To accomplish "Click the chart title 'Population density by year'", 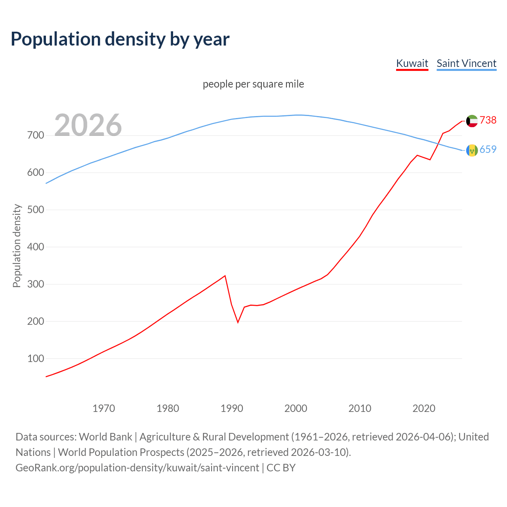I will (120, 39).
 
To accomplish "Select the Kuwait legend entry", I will (412, 63).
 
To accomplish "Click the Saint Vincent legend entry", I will (466, 63).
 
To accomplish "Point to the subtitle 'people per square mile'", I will (253, 84).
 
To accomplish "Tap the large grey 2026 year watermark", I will (88, 125).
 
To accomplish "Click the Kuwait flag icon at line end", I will (472, 121).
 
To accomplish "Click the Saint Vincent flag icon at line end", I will (472, 150).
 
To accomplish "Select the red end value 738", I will (488, 120).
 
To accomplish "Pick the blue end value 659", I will (488, 149).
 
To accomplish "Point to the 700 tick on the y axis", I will (36, 135).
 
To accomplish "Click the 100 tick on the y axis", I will (36, 358).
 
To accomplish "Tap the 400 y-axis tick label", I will (36, 247).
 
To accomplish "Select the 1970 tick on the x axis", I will (104, 408).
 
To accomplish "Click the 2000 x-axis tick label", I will (296, 408).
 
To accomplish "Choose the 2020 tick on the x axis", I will (424, 408).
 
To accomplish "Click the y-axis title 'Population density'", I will (17, 246).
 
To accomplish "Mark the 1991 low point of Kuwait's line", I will (238, 322).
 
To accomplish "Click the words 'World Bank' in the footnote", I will (105, 436).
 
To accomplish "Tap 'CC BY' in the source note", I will (281, 467).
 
